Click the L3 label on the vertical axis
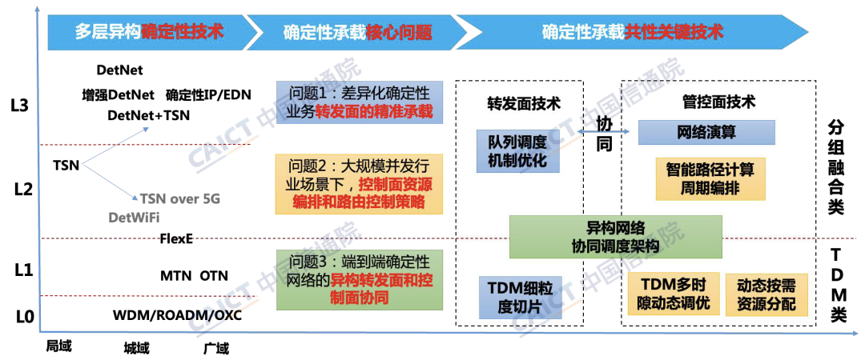22,106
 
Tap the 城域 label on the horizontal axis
135,348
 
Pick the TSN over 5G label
181,199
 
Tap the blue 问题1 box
360,102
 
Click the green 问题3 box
360,280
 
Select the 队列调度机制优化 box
517,150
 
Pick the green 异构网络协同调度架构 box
616,238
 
